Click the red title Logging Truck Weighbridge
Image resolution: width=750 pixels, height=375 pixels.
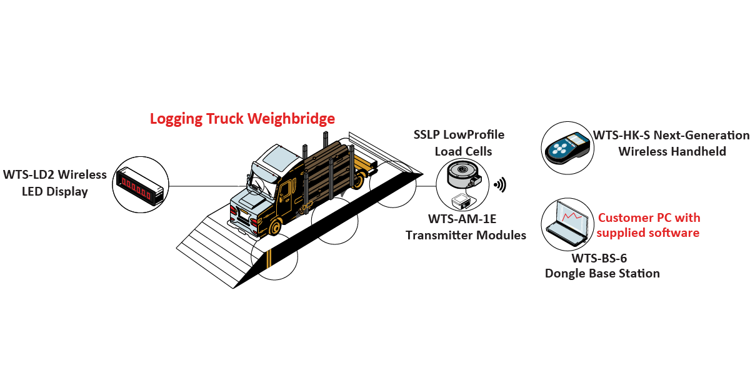242,119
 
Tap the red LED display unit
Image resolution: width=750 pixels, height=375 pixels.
139,186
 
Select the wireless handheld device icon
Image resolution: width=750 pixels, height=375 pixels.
567,147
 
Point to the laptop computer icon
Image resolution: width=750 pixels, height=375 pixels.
566,223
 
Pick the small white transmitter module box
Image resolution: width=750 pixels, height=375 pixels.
461,201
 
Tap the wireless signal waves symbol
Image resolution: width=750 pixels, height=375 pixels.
500,185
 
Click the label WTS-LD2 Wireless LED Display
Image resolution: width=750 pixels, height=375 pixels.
55,182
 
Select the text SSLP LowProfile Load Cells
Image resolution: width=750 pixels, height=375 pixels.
459,143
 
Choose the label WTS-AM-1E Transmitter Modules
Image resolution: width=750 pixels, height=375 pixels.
466,227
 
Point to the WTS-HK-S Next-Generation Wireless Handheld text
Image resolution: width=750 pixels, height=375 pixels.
671,143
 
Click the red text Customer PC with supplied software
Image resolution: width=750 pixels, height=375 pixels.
648,225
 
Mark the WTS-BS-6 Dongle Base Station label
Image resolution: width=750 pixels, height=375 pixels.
602,266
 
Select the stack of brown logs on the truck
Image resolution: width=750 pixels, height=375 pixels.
328,169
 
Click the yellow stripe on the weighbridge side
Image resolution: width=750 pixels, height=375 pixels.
268,259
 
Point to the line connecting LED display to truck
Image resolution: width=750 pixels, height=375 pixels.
207,186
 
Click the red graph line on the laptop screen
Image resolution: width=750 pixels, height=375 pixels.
572,216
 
